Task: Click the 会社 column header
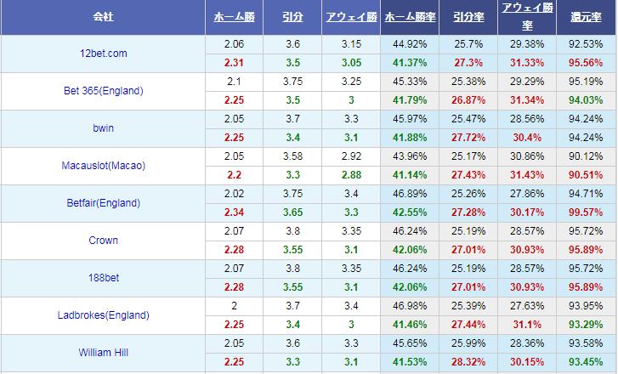[102, 17]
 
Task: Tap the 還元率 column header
[587, 17]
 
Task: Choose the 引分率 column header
[469, 17]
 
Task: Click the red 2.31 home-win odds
[234, 63]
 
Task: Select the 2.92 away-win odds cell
[350, 156]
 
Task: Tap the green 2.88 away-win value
[350, 175]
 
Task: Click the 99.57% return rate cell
[587, 212]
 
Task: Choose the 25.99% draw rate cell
[469, 343]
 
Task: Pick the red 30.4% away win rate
[527, 138]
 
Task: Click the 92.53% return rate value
[587, 44]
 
